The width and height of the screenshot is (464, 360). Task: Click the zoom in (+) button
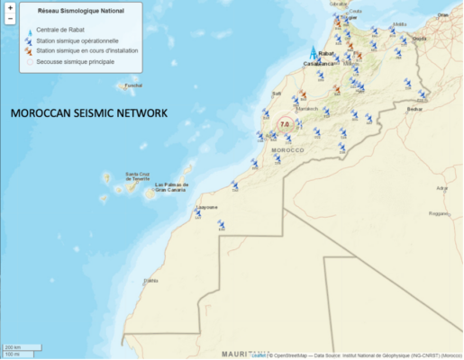click(9, 8)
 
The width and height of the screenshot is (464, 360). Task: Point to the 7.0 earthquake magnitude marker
click(286, 124)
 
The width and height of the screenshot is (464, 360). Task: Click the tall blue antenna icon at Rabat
click(314, 54)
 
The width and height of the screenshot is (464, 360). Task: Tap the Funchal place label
click(133, 85)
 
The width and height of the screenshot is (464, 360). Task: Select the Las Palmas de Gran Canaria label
click(169, 188)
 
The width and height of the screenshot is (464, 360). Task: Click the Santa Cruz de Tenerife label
click(138, 175)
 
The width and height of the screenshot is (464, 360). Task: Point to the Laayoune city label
click(206, 206)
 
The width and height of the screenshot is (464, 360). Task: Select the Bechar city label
click(414, 108)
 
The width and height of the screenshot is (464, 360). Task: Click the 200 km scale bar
click(14, 347)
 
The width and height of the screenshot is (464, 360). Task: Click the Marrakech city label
click(307, 108)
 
